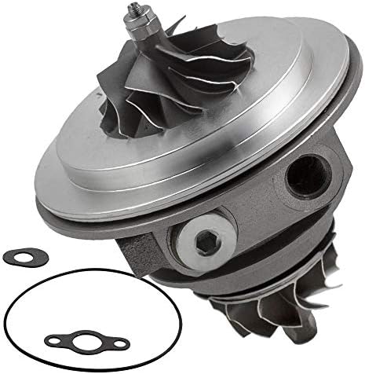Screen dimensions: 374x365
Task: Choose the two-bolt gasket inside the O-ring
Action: click(x=86, y=343)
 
